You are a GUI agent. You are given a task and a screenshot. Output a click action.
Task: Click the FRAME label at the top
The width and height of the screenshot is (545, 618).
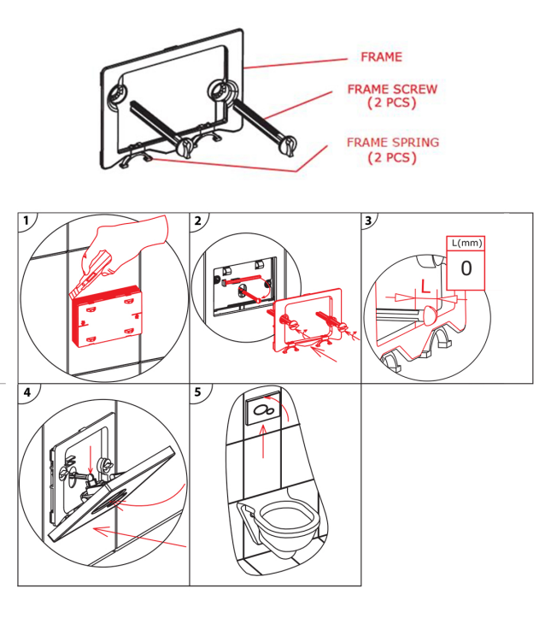click(381, 56)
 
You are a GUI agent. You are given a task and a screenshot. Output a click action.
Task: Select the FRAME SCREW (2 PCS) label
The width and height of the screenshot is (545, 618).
click(392, 96)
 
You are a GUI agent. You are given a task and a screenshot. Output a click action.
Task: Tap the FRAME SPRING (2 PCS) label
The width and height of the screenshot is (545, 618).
click(393, 150)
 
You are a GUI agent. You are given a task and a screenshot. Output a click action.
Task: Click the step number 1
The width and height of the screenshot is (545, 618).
click(26, 221)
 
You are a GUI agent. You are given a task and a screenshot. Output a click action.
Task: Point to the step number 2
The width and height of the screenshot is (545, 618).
click(197, 221)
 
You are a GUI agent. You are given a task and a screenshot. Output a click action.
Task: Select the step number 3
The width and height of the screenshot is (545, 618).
click(368, 221)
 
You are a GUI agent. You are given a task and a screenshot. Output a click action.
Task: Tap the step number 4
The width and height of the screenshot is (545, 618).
click(26, 392)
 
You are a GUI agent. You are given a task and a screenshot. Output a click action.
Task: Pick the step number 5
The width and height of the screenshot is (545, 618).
click(197, 392)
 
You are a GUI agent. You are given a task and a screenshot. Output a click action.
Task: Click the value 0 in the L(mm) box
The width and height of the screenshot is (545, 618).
click(466, 268)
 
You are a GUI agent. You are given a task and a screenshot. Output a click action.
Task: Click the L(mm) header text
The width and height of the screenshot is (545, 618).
click(466, 243)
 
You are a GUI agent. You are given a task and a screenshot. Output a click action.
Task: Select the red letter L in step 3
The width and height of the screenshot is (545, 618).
click(425, 286)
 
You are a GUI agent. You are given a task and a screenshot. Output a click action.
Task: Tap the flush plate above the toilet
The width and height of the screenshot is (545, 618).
click(263, 410)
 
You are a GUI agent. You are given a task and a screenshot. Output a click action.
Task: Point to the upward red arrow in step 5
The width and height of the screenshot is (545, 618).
click(263, 442)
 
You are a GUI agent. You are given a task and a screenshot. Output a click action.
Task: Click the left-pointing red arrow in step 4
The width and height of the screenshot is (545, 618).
click(139, 538)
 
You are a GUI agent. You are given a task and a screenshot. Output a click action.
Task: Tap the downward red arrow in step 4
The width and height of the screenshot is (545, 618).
click(91, 460)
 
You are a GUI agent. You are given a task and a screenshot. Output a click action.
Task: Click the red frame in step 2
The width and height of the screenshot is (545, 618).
click(307, 319)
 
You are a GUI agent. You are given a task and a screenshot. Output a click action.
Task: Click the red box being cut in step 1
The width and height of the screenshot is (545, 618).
click(108, 316)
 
